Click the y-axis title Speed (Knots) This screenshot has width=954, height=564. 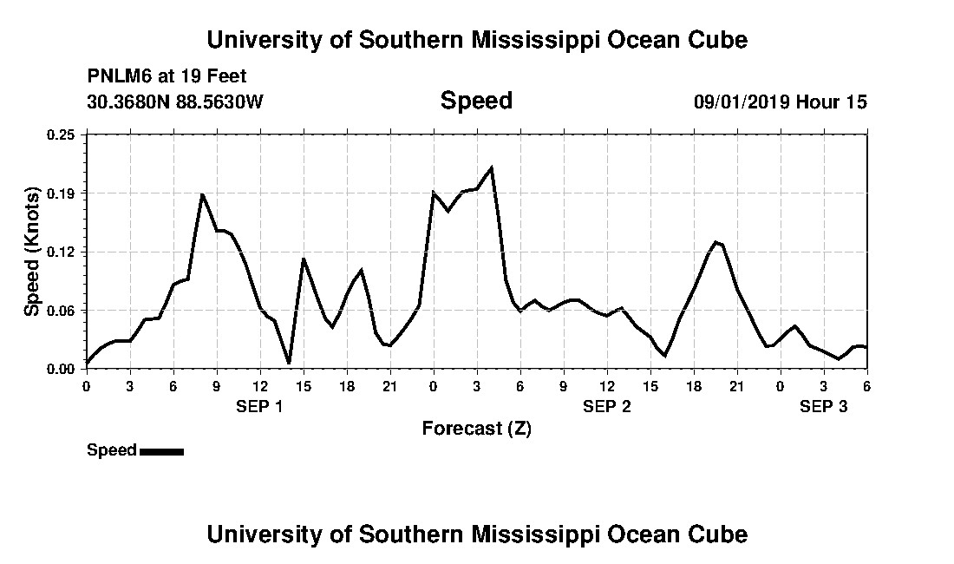(x=32, y=252)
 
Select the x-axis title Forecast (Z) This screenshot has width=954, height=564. (x=476, y=428)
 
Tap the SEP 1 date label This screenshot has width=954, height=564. (x=259, y=406)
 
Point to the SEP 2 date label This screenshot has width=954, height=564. (x=606, y=406)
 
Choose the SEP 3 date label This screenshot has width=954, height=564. (x=823, y=406)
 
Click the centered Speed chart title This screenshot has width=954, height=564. (x=476, y=101)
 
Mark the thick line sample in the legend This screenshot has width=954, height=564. (x=161, y=451)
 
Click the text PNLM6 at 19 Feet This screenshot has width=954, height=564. (x=167, y=75)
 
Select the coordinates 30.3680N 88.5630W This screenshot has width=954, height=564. (x=175, y=102)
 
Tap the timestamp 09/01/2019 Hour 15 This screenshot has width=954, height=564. (x=780, y=102)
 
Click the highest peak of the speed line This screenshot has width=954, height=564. (x=492, y=167)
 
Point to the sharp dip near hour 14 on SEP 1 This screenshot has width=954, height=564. (x=289, y=363)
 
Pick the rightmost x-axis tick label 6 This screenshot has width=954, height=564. (x=866, y=386)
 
